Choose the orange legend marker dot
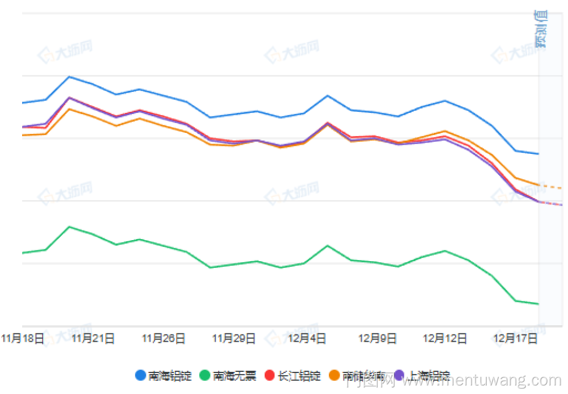tap(334, 375)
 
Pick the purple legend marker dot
tap(399, 375)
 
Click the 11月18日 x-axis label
tap(23, 339)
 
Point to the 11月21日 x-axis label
tap(93, 339)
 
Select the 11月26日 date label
tap(164, 339)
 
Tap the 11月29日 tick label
tap(233, 339)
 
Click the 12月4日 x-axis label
tap(307, 339)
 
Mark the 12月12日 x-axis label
tap(445, 339)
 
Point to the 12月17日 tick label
tap(516, 339)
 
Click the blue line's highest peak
tap(69, 76)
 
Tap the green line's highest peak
tap(69, 227)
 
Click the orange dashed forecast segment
tap(550, 186)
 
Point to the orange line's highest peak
tap(69, 108)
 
